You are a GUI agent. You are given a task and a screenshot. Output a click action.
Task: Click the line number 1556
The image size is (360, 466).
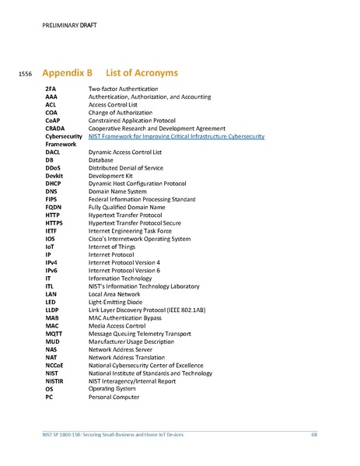pos(23,75)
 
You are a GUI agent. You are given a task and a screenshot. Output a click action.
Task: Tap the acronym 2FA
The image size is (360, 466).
pos(51,90)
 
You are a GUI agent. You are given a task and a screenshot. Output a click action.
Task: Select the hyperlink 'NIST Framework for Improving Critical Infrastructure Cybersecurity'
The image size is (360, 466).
pos(177,136)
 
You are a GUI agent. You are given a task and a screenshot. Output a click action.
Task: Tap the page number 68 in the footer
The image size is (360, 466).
pos(314,434)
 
